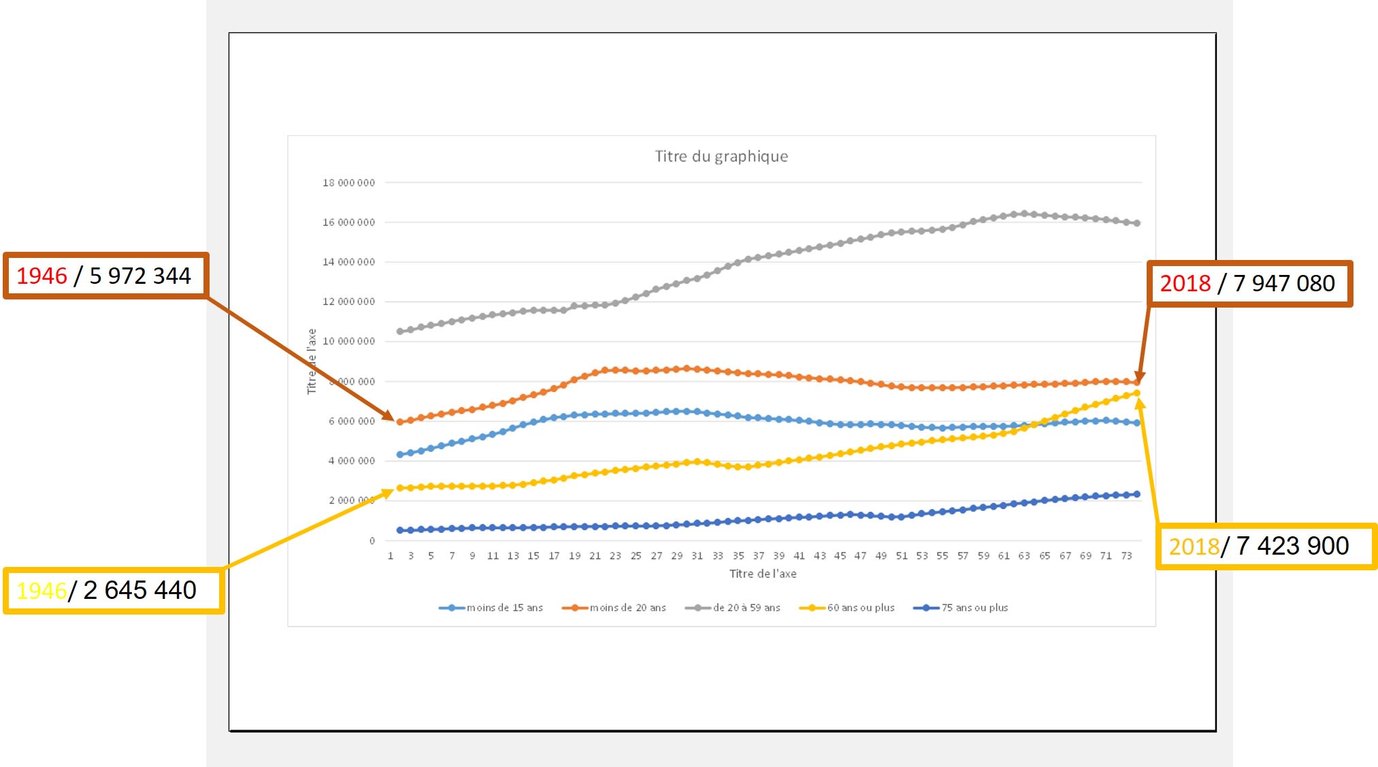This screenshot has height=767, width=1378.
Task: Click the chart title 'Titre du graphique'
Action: pos(721,157)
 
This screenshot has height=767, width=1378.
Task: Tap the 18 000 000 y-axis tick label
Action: pos(348,183)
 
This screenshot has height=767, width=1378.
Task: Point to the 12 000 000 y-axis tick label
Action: pos(348,301)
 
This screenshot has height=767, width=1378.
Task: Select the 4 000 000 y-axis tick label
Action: pos(351,461)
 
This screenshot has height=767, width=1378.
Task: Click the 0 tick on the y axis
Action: pos(372,541)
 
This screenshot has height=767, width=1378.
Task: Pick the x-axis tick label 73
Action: pos(1126,556)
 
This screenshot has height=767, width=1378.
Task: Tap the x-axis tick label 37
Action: pos(759,556)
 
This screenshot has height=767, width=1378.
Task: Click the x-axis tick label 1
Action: pos(391,556)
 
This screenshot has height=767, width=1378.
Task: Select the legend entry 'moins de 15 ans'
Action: pos(504,608)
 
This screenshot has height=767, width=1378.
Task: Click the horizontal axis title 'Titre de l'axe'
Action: pos(763,574)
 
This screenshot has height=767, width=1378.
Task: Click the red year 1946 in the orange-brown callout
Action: pos(42,276)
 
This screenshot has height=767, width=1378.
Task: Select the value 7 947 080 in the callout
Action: pos(1283,283)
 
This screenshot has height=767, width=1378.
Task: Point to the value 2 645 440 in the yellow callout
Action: pos(140,590)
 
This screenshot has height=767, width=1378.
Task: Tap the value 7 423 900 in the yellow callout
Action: pos(1292,546)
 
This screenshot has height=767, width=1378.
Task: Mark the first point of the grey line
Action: pos(400,331)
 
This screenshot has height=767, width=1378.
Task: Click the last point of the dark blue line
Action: pos(1136,494)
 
